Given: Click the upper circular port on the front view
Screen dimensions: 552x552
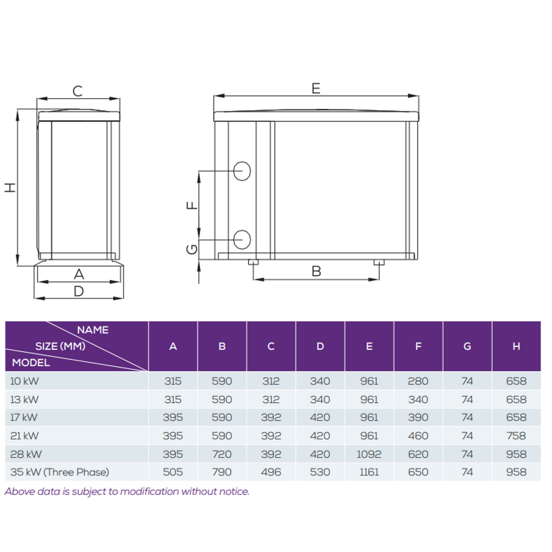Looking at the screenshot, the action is click(242, 171).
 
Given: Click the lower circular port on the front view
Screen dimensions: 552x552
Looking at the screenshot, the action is click(242, 239).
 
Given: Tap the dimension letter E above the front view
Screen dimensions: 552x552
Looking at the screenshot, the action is click(316, 88).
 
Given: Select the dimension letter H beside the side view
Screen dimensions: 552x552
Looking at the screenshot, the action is click(10, 187).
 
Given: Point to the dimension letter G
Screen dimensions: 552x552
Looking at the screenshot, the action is click(192, 250).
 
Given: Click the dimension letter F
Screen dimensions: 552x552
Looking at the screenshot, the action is click(192, 205).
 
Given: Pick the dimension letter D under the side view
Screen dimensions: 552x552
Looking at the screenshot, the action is click(79, 291).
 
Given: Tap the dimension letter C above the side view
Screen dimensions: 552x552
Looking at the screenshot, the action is click(78, 91).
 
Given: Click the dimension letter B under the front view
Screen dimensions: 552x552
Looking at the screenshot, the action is click(316, 272).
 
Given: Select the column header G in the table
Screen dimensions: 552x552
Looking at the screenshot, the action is click(467, 347).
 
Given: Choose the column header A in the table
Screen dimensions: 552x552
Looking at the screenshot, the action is click(173, 347).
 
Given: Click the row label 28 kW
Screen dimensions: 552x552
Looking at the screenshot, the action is click(26, 454).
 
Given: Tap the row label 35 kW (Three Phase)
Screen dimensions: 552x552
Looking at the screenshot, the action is click(59, 472).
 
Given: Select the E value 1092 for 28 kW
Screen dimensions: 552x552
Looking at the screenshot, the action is click(369, 454).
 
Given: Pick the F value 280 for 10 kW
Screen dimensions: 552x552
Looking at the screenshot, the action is click(418, 381).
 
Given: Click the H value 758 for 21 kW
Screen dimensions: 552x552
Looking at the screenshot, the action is click(516, 436).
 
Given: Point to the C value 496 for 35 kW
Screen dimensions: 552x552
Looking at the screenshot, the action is click(271, 472).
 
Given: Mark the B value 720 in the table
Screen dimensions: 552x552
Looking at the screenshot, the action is click(222, 454).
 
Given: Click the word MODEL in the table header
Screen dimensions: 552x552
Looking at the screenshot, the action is click(31, 363).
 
